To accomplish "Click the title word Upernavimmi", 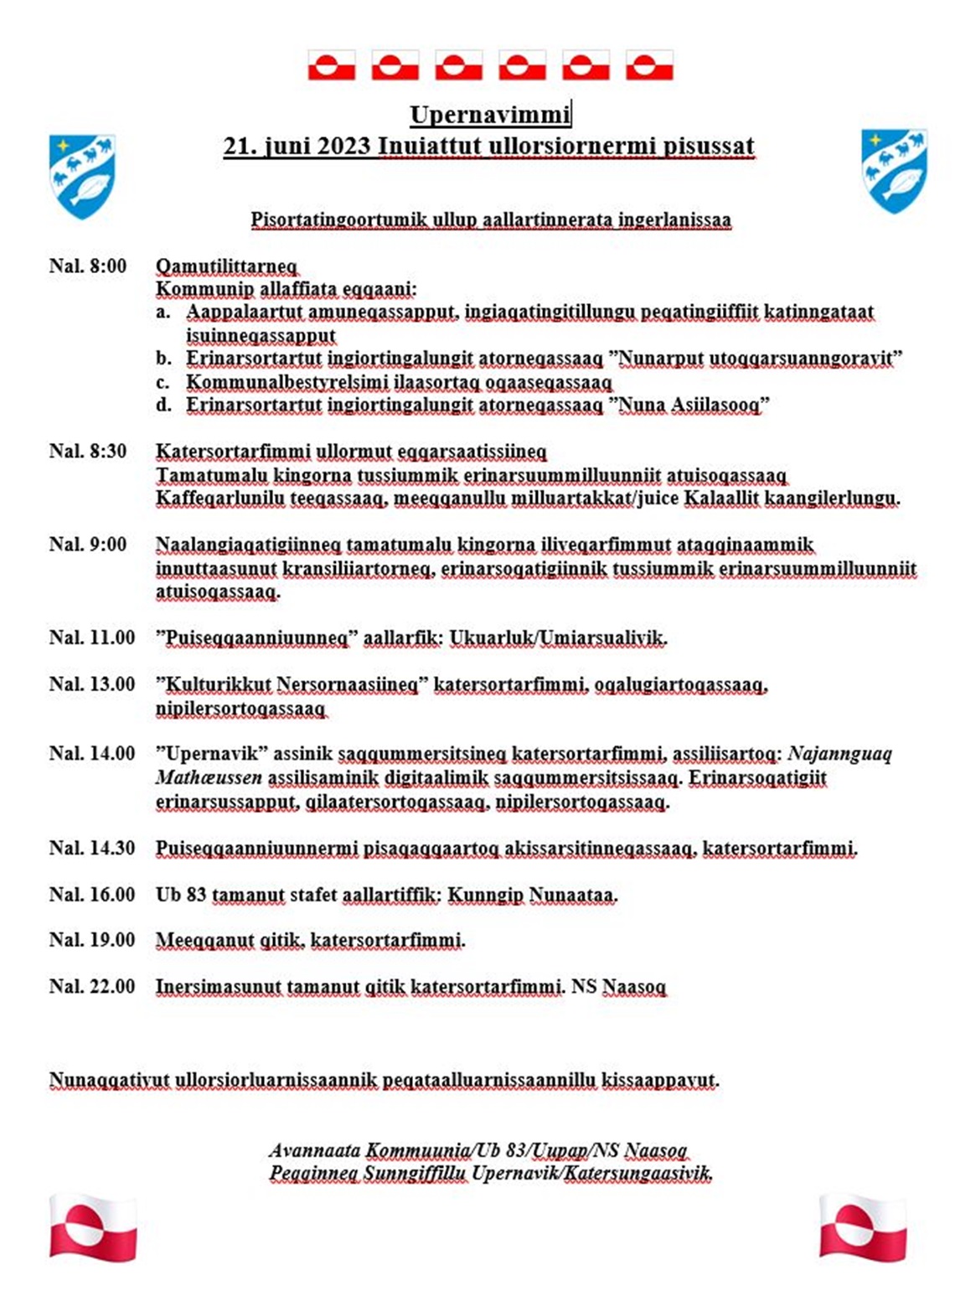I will (489, 114).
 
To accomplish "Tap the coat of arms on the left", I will (82, 176).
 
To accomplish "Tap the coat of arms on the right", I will (894, 170).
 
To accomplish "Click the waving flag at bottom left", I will (92, 1227).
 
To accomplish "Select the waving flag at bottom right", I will (863, 1227).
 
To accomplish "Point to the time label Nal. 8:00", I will (87, 266).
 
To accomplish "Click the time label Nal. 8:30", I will (87, 452).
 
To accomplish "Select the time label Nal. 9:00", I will (87, 545).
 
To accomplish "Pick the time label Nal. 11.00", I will (91, 638).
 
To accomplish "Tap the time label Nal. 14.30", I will (91, 848).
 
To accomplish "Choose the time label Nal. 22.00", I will (91, 986).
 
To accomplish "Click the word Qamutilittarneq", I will (226, 266).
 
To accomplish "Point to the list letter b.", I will (163, 359).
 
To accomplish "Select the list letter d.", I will (163, 405).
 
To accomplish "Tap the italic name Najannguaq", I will (839, 754).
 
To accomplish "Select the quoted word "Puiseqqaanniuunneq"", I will (252, 638).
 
